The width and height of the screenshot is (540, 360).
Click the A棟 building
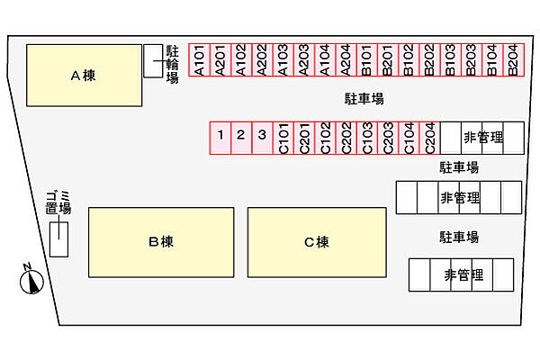(83, 76)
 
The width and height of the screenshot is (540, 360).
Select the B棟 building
(161, 241)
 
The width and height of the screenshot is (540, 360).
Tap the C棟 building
(316, 241)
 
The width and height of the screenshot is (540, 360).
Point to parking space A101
(198, 61)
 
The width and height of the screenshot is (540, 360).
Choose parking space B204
(513, 61)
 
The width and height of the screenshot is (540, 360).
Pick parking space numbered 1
(220, 138)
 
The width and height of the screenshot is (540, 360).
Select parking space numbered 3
(262, 138)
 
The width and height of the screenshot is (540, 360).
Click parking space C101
(283, 138)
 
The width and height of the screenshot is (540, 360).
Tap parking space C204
(429, 138)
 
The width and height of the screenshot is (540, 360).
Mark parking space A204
(345, 61)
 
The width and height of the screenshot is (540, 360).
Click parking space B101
(366, 61)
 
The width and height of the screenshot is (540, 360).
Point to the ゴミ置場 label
(58, 202)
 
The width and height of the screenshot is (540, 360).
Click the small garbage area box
(58, 238)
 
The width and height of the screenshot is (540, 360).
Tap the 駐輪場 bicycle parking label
(172, 65)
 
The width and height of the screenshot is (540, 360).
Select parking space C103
(366, 138)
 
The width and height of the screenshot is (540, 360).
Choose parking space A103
(282, 61)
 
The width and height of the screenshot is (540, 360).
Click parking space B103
(450, 61)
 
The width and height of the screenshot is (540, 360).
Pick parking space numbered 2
(241, 138)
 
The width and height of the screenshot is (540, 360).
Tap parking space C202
(346, 138)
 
